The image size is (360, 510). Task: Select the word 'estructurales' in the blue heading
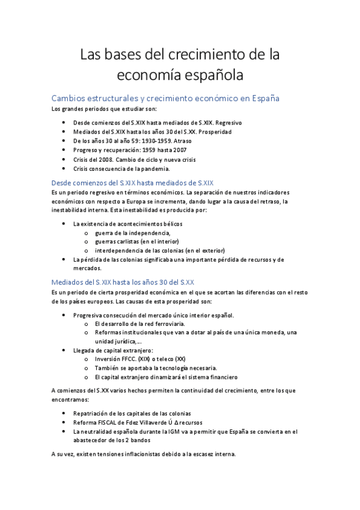[119, 98]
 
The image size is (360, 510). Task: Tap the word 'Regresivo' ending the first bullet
[230, 122]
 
